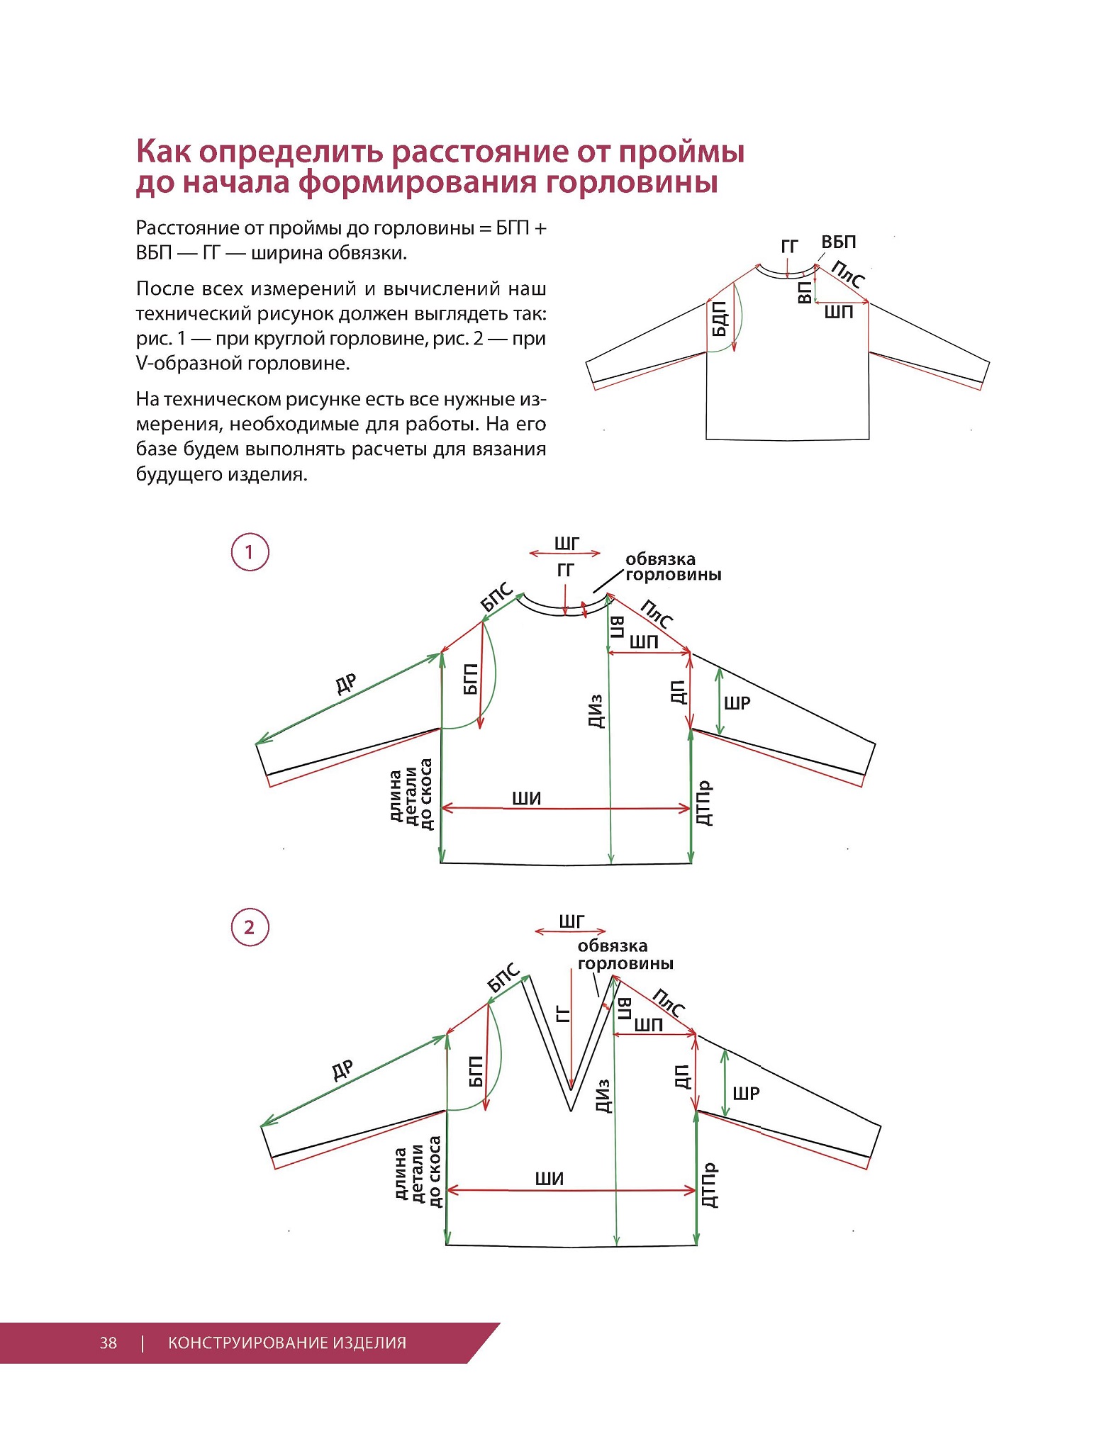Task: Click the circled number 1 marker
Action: (250, 552)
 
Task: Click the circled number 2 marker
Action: (250, 927)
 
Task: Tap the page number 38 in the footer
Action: (108, 1342)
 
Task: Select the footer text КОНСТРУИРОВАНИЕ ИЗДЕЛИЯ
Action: (287, 1342)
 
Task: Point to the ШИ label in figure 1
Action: (527, 799)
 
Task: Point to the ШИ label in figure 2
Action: (549, 1179)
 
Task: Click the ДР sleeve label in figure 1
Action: (346, 684)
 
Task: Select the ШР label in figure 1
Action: (737, 703)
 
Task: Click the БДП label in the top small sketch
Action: (720, 318)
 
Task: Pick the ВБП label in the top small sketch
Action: (839, 242)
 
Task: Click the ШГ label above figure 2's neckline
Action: (571, 921)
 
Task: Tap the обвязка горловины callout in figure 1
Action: (672, 567)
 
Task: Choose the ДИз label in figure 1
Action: (596, 711)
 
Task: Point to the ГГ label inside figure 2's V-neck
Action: (564, 1014)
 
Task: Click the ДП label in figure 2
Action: (681, 1077)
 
